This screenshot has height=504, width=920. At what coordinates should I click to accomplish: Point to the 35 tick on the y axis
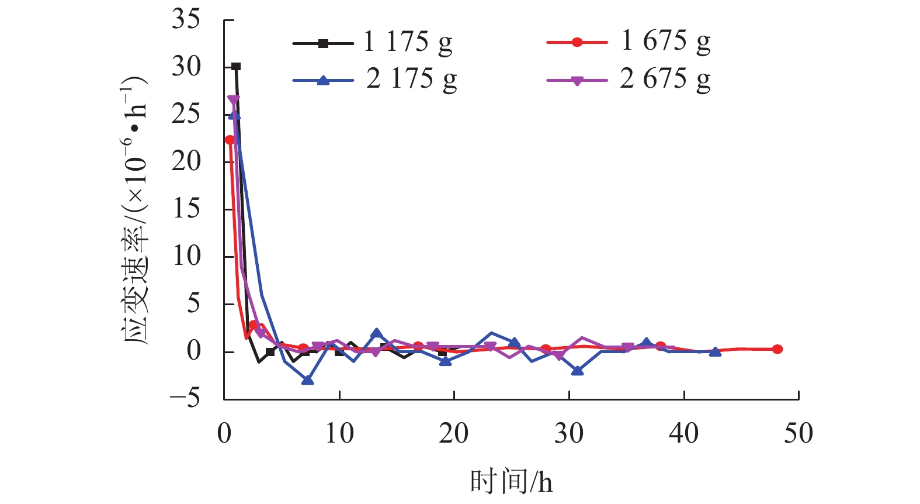186,20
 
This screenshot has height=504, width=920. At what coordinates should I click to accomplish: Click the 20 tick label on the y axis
186,161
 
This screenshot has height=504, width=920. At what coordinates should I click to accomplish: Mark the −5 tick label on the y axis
185,399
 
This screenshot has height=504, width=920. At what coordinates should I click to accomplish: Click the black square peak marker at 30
236,67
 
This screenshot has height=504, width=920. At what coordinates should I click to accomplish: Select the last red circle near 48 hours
777,349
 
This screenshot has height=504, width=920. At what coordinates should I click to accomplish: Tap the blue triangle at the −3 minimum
307,380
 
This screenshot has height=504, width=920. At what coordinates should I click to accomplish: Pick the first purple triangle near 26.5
233,101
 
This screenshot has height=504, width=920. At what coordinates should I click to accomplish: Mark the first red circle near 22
230,140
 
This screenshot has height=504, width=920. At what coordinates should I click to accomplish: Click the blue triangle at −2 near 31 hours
577,371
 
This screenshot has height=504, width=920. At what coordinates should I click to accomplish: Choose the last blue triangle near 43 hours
715,352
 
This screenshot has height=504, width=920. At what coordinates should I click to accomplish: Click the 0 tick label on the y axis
193,351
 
